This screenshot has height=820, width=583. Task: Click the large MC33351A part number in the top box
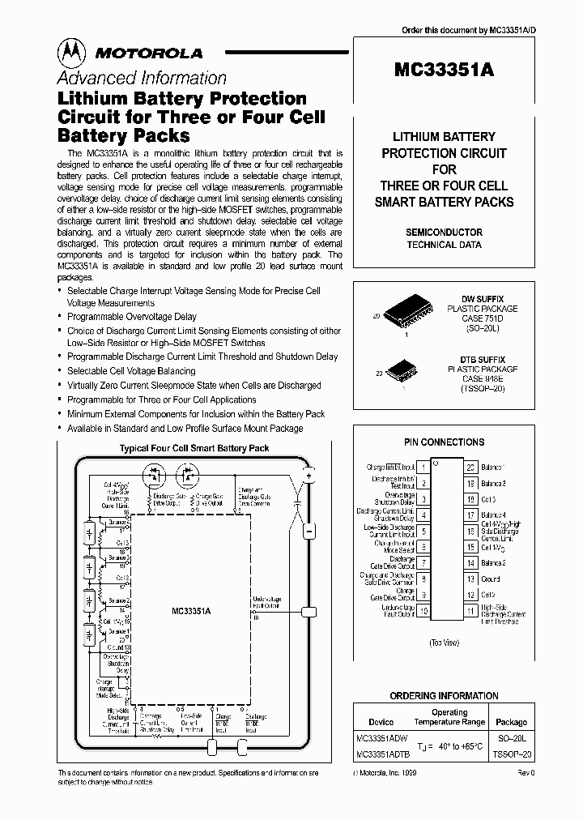pos(444,70)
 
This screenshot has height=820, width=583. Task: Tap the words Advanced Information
pos(141,79)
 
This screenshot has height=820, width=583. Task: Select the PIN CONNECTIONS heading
pos(444,442)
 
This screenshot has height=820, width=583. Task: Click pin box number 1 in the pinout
pos(424,468)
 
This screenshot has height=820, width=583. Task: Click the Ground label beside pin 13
pos(492,579)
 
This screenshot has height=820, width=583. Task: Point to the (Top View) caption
pos(445,643)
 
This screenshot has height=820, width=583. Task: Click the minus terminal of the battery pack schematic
pos(309,532)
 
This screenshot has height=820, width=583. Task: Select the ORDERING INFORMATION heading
pos(444,696)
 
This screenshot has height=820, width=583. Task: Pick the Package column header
pos(511,722)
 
